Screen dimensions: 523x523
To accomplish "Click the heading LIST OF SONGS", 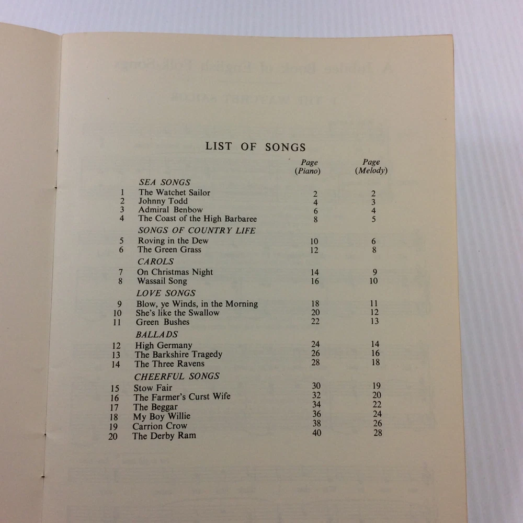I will click(255, 147).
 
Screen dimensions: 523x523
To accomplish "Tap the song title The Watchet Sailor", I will click(174, 192).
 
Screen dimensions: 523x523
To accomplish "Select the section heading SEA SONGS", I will click(165, 183).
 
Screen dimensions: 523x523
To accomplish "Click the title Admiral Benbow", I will click(170, 210).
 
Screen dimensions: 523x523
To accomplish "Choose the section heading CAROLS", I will click(156, 261).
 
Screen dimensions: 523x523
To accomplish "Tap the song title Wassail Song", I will click(162, 281).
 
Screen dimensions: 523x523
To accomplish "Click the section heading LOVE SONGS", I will click(166, 293).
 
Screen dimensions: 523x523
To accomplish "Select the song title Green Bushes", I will click(163, 322).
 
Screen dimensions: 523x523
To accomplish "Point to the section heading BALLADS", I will click(156, 334).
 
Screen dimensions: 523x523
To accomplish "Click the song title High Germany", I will click(164, 345).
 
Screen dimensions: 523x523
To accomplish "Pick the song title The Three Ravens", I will click(169, 364).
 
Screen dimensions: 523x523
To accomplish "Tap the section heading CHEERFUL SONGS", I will click(177, 376).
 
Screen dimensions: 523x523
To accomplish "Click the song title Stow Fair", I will click(153, 388).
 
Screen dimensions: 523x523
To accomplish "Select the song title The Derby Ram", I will click(164, 436).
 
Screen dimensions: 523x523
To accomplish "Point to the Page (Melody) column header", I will click(371, 166).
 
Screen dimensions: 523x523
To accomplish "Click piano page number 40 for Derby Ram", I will click(316, 433).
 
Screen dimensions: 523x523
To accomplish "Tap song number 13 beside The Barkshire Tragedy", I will click(116, 355).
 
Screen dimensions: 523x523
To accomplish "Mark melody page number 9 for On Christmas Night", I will click(374, 271).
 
